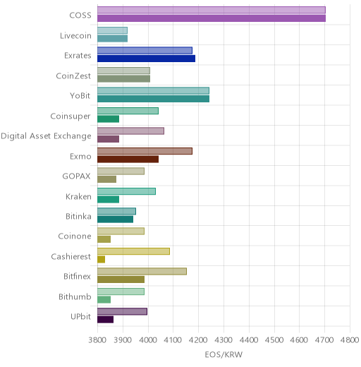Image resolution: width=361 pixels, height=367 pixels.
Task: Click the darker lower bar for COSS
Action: click(x=212, y=18)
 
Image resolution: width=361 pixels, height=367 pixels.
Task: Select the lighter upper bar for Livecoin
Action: click(x=113, y=30)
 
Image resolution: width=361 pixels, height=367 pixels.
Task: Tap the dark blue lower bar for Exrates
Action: click(x=147, y=59)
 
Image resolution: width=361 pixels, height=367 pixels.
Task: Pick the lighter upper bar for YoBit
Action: click(x=154, y=90)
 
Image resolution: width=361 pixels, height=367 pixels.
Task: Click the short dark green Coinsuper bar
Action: click(x=109, y=119)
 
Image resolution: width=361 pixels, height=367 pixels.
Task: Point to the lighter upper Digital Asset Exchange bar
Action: click(x=131, y=131)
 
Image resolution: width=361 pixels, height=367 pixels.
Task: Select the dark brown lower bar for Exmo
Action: click(x=128, y=160)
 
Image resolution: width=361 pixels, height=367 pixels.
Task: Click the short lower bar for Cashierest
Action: click(x=102, y=260)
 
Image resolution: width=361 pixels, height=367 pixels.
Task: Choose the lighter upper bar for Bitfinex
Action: click(x=142, y=271)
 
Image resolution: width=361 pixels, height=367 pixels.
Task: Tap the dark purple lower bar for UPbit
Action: click(x=106, y=320)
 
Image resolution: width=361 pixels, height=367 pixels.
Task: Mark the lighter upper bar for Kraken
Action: click(x=127, y=191)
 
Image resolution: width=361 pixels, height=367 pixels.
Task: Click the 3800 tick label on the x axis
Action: click(x=97, y=340)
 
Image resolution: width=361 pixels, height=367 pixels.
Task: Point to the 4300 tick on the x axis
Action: click(x=224, y=340)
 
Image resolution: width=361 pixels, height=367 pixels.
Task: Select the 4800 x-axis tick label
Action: click(x=350, y=340)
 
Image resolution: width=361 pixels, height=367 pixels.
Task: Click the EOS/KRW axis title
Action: click(x=224, y=354)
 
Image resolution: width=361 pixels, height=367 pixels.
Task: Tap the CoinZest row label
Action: click(x=73, y=76)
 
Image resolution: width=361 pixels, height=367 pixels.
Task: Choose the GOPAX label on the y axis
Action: click(x=76, y=176)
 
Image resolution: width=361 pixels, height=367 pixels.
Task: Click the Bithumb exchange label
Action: click(x=75, y=296)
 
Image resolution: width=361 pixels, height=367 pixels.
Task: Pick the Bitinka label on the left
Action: click(x=78, y=216)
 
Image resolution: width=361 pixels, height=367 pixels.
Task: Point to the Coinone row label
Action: click(x=75, y=236)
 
